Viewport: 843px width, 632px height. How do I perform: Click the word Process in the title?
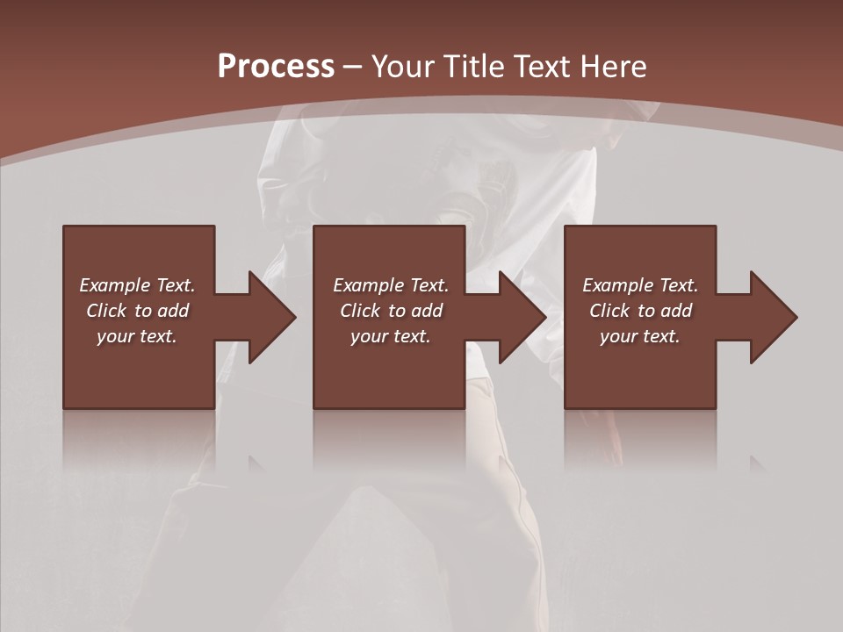(276, 66)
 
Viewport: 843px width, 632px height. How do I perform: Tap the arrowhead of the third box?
(772, 317)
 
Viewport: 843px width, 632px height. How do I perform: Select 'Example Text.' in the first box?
(137, 285)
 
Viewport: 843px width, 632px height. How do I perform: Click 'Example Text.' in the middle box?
(391, 285)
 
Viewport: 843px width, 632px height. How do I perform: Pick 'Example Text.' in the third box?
(640, 285)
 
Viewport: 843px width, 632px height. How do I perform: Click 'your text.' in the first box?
(137, 336)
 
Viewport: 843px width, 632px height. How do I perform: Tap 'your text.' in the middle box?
(391, 336)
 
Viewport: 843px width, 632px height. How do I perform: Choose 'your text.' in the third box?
(640, 336)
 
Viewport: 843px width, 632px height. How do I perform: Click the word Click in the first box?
(106, 311)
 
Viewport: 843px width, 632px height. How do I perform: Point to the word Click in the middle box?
(360, 311)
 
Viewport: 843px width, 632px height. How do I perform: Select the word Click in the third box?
(609, 311)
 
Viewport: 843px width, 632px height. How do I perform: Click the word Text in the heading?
(539, 66)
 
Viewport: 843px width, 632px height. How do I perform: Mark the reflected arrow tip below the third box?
(757, 463)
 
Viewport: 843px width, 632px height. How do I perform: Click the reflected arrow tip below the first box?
(256, 463)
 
